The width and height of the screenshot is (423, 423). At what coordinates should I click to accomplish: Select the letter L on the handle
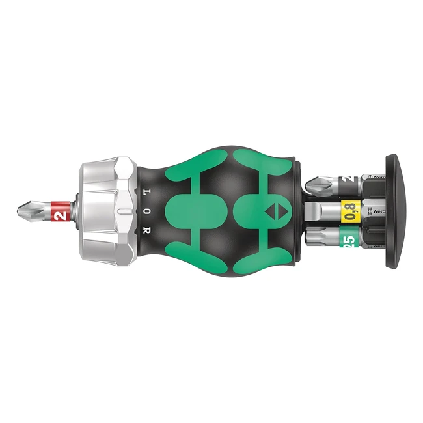point(148,193)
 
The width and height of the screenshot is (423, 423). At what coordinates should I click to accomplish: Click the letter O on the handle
point(148,211)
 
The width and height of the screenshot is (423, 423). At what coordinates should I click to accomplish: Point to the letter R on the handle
point(148,230)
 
